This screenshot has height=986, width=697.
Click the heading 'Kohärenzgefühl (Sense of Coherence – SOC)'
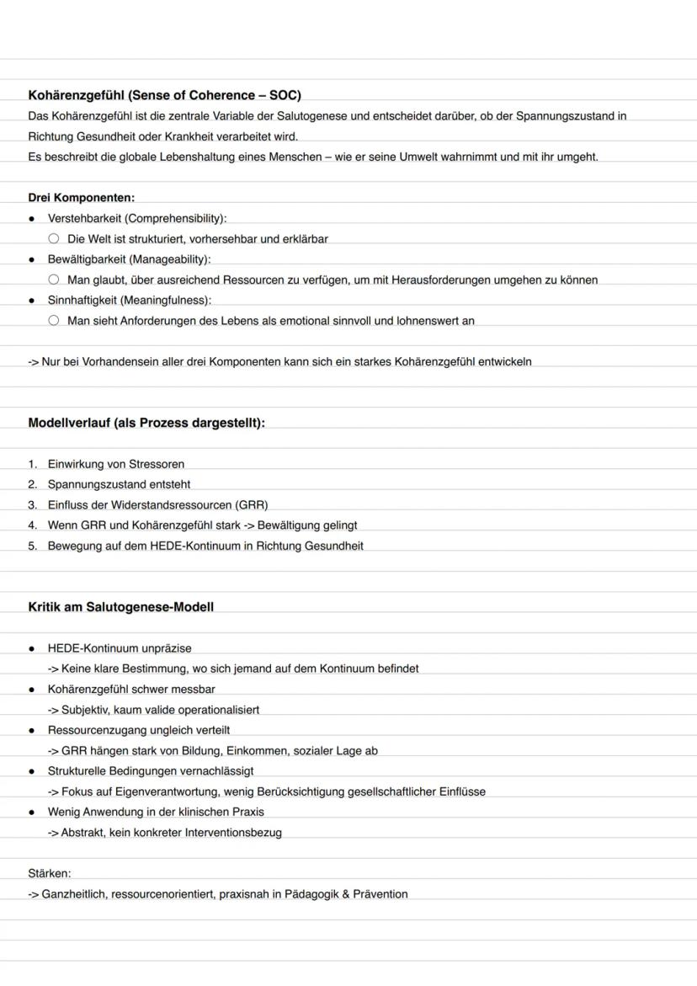point(164,95)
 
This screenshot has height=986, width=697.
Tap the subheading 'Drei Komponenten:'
point(81,198)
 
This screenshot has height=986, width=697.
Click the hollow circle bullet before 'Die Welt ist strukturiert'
point(54,239)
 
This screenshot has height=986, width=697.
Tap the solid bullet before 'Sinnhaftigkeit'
point(31,301)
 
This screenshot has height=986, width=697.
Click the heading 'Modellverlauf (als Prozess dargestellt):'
point(146,423)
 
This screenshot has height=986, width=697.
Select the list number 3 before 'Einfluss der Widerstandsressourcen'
point(32,505)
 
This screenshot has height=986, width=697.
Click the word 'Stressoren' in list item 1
point(157,464)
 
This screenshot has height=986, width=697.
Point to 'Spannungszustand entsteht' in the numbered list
point(119,484)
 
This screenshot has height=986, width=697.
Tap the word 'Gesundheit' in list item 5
point(334,546)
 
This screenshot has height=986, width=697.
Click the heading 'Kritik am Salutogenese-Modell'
point(120,607)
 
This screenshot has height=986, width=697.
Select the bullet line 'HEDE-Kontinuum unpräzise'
point(119,648)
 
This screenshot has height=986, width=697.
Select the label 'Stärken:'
point(50,874)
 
